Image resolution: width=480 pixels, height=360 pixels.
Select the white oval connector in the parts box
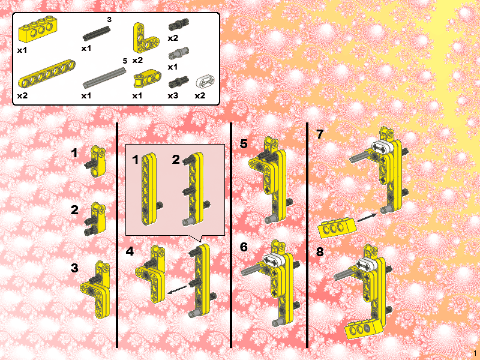[205, 82]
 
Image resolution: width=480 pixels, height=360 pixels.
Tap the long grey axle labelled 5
[104, 78]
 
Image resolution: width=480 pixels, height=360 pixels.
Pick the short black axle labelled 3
[96, 34]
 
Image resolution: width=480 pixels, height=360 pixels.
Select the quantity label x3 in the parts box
[173, 96]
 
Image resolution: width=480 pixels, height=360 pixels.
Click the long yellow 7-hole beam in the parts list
[47, 73]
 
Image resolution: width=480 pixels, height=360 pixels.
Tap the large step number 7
[320, 134]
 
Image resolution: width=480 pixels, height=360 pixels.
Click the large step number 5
[244, 143]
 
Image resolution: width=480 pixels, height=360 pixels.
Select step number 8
[320, 251]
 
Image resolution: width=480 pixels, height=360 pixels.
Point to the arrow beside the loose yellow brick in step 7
[367, 218]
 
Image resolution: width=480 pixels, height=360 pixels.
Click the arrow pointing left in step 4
[177, 289]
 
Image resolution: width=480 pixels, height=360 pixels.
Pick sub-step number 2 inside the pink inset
[176, 160]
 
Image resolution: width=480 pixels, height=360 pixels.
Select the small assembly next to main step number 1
[96, 162]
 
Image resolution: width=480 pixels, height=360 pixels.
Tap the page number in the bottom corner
[475, 353]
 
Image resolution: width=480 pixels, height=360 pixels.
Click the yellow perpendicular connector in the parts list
[147, 79]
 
